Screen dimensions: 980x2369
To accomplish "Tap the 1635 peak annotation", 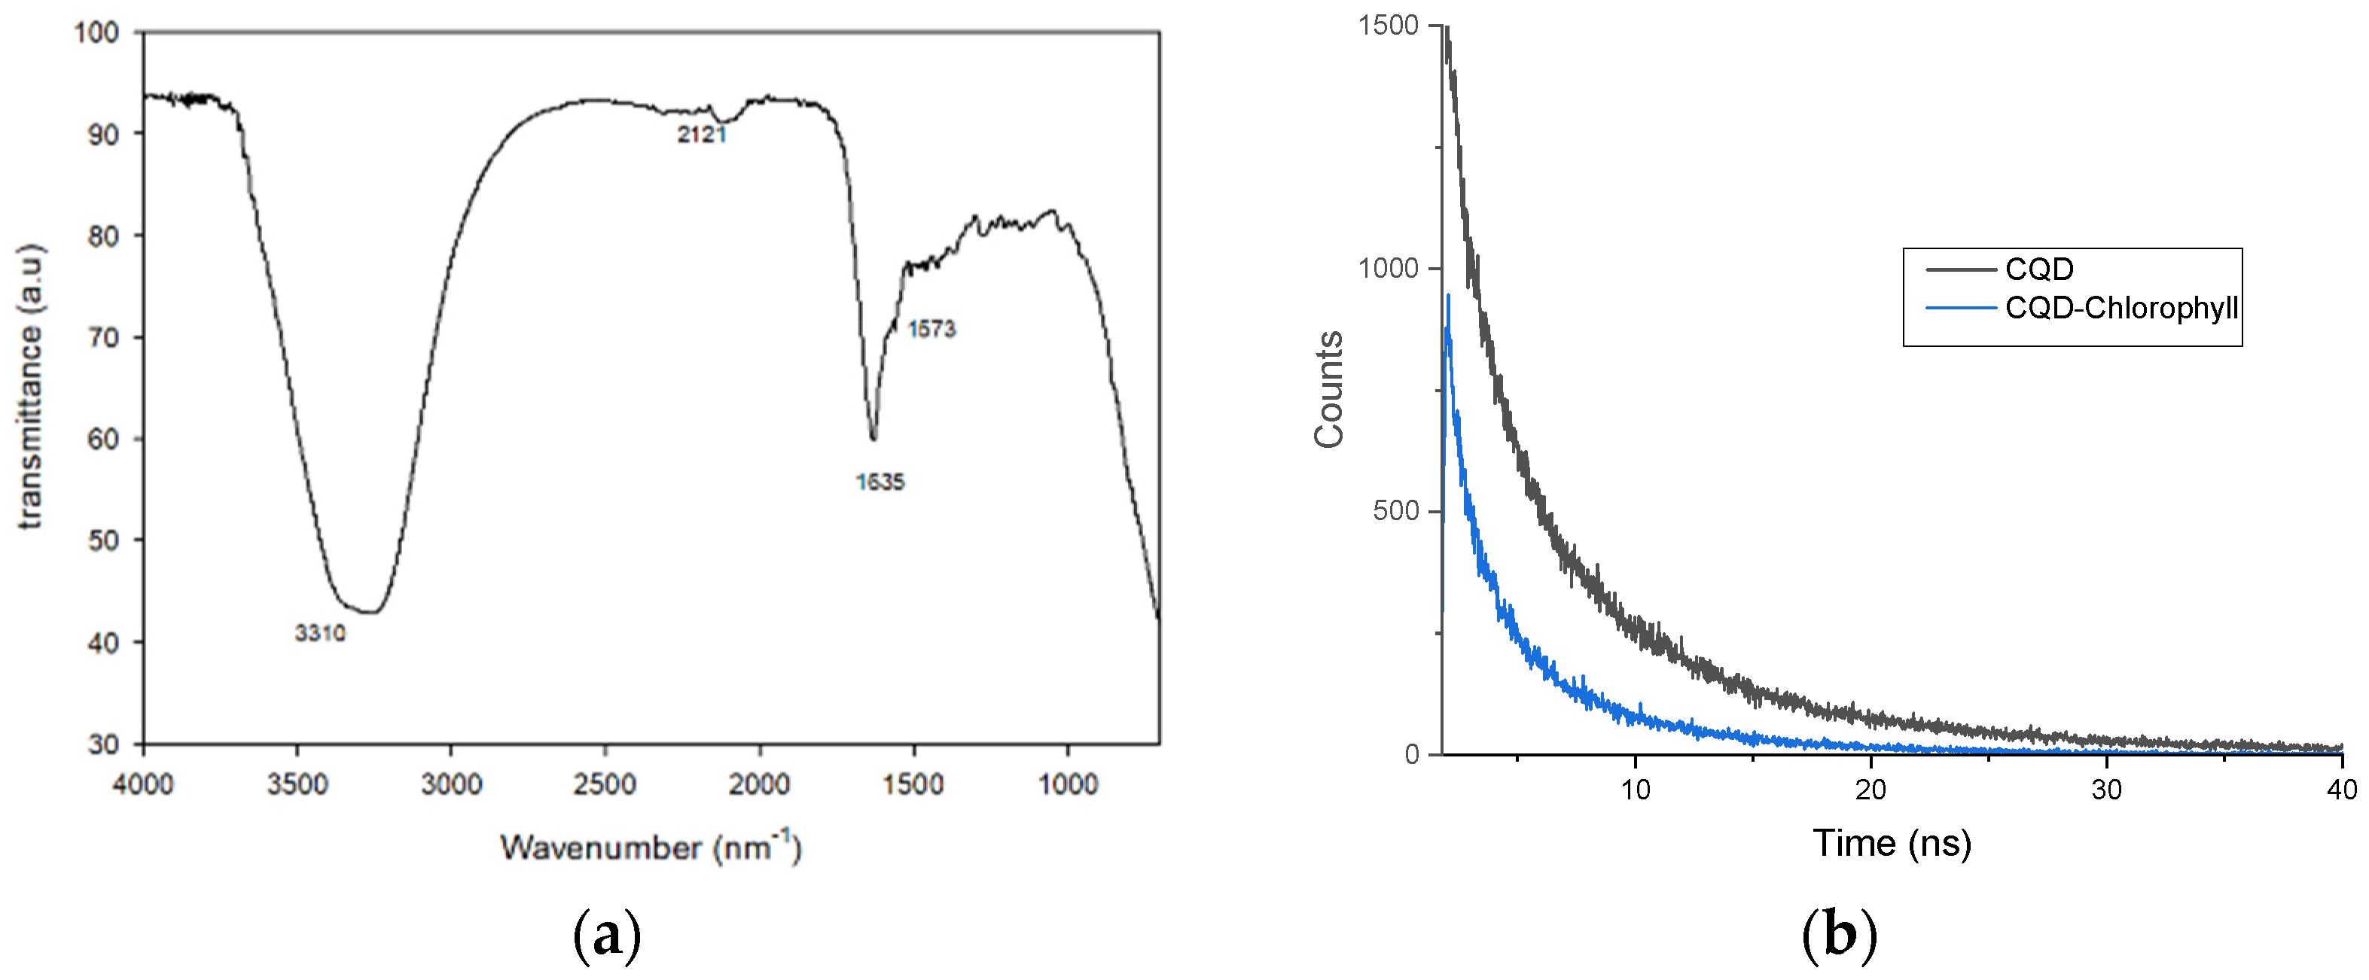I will [x=880, y=482].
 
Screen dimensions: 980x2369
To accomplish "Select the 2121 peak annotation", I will [x=702, y=135].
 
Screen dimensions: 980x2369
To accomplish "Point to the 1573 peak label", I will [x=931, y=329].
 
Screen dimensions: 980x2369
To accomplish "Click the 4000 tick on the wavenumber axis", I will [x=144, y=784].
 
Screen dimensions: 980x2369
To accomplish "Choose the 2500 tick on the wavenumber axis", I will [x=605, y=784].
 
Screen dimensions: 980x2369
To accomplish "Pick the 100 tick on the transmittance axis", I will [x=96, y=33].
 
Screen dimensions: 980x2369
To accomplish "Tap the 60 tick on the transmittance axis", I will [x=103, y=440].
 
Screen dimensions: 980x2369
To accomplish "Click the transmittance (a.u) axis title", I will [x=30, y=386].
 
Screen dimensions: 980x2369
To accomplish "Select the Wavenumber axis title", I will [x=650, y=846].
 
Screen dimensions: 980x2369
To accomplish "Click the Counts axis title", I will [x=1329, y=390].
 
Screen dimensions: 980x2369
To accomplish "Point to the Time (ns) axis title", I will [x=1892, y=843].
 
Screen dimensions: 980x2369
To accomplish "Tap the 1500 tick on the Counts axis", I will [x=1389, y=26].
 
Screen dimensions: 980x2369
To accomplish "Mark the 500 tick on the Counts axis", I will [x=1396, y=511].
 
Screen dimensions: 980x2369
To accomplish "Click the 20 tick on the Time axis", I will [x=1871, y=790].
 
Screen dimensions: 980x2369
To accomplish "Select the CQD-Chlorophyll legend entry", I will [x=2121, y=308].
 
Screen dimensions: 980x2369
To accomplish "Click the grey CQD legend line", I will [x=1960, y=269].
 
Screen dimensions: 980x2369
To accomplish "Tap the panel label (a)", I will [x=607, y=936].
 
